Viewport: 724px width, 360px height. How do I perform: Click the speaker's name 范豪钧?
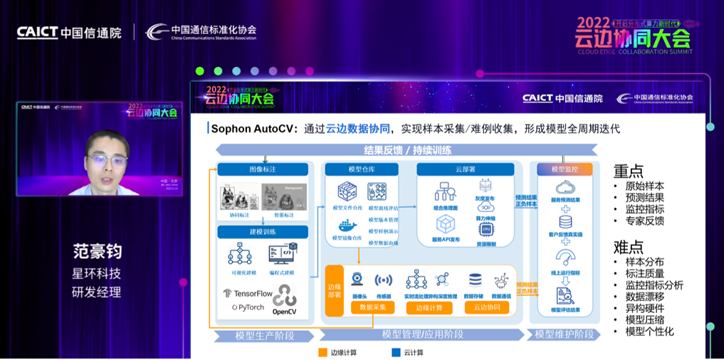click(x=97, y=252)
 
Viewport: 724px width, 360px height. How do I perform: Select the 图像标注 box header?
click(x=263, y=169)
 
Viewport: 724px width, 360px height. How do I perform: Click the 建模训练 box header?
click(x=263, y=232)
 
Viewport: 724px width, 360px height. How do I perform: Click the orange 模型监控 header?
click(x=565, y=169)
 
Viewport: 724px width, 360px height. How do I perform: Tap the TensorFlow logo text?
click(x=248, y=293)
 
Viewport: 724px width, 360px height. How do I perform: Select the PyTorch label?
click(x=247, y=308)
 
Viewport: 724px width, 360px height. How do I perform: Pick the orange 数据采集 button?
click(x=372, y=307)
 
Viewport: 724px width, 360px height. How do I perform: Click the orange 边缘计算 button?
click(x=429, y=307)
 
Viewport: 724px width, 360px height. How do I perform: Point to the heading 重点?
click(x=629, y=171)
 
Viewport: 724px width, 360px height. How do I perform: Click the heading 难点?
click(x=629, y=247)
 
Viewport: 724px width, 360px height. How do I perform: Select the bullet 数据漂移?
click(x=645, y=296)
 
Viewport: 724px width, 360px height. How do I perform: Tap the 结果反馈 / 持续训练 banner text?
click(x=407, y=150)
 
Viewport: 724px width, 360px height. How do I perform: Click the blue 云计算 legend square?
click(x=395, y=352)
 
